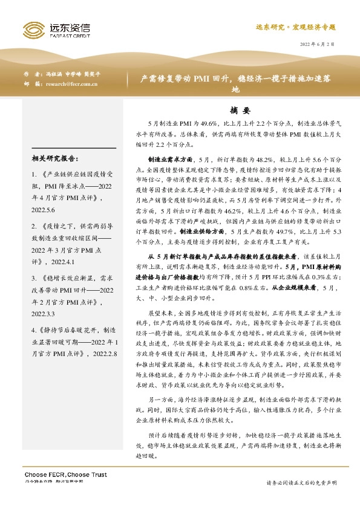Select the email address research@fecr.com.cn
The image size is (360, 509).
tap(71, 84)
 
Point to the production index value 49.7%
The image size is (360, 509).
tap(278, 231)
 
